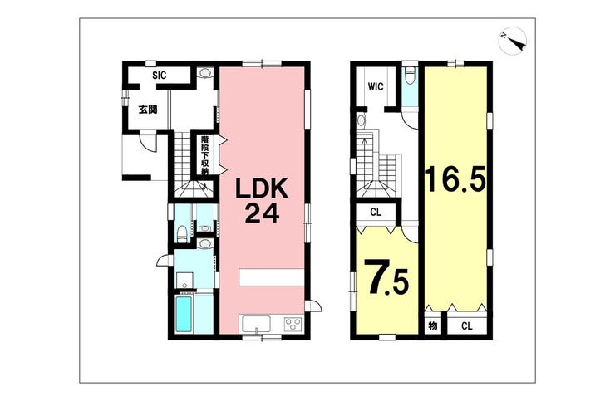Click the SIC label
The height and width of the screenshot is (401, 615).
pyautogui.click(x=160, y=76)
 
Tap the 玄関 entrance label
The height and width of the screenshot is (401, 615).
pyautogui.click(x=148, y=110)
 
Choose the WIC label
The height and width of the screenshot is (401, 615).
pyautogui.click(x=375, y=85)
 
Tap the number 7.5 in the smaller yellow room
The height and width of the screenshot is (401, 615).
pyautogui.click(x=384, y=279)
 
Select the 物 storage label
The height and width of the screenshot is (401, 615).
pyautogui.click(x=432, y=325)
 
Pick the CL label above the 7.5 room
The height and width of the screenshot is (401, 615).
pyautogui.click(x=376, y=213)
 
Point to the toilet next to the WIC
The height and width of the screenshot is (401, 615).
pyautogui.click(x=408, y=77)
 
